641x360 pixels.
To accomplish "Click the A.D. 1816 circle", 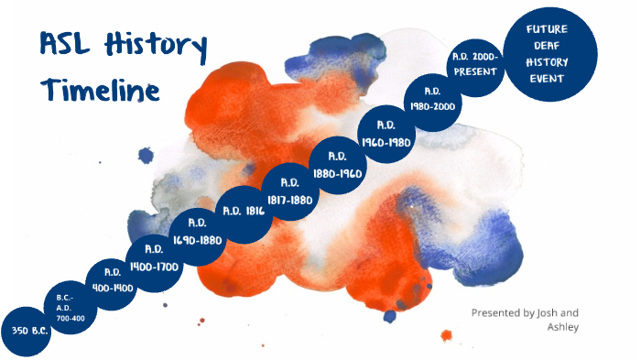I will (x=244, y=212).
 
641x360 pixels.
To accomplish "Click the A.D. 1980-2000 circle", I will (x=433, y=98).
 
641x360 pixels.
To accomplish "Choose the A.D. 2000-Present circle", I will (x=475, y=63).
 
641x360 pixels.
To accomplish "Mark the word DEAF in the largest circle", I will (x=548, y=45).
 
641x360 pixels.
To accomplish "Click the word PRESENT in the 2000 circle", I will (x=474, y=71).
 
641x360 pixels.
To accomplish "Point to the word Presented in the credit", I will (x=495, y=312).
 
